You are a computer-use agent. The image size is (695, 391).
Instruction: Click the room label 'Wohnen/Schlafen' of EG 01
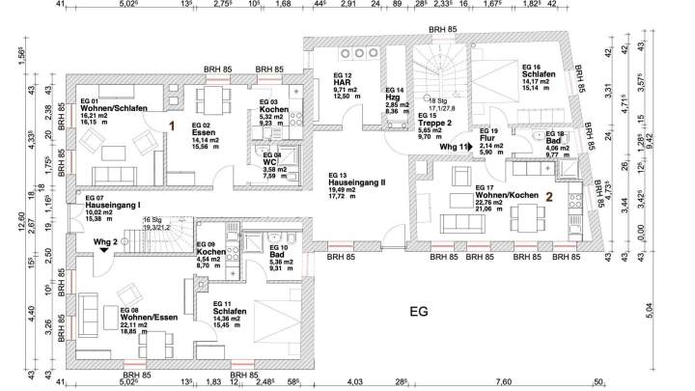114,109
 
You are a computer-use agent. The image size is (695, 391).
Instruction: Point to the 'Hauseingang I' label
113,205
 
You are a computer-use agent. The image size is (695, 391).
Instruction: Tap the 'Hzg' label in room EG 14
392,98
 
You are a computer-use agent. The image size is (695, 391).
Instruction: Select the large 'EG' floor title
417,312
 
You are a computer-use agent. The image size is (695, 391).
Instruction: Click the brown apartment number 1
172,125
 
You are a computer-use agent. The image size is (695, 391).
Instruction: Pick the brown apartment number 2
547,196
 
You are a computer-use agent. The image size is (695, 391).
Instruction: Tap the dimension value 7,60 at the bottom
503,382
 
